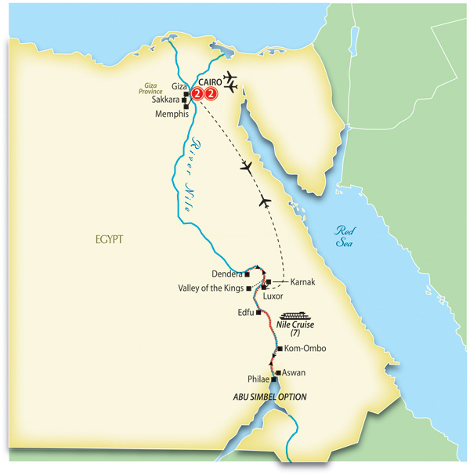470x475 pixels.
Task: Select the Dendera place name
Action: click(x=227, y=274)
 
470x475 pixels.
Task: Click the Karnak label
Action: click(x=303, y=281)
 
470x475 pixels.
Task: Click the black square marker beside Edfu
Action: click(x=258, y=312)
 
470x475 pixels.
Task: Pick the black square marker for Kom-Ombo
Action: click(x=279, y=348)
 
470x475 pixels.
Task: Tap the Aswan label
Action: click(x=294, y=373)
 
